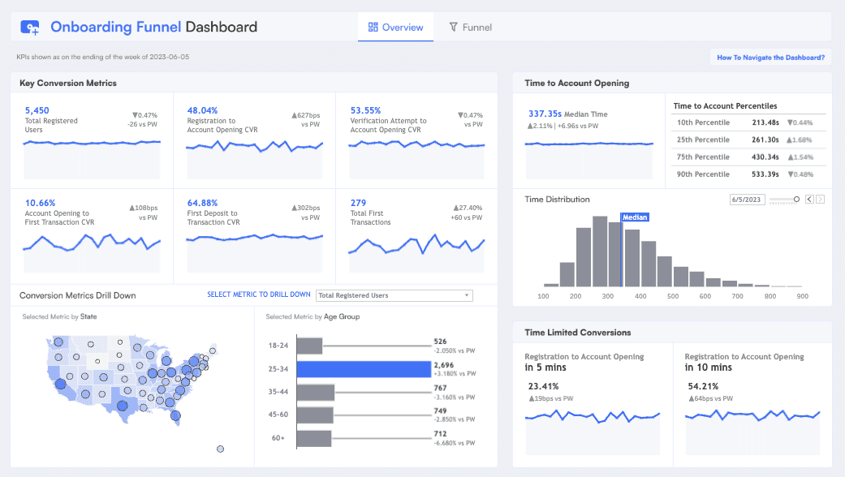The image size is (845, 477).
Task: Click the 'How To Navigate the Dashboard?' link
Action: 770,58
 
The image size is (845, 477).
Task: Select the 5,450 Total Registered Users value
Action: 37,110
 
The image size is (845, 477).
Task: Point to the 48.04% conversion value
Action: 202,110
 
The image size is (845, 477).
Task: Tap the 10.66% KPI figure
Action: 41,203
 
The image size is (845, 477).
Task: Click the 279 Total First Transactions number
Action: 358,203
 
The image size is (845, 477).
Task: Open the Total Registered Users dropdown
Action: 394,295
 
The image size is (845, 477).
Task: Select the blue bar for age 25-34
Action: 363,369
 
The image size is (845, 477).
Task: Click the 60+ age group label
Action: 277,438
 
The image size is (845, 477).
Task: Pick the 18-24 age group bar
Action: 309,345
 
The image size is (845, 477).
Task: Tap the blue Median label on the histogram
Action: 635,217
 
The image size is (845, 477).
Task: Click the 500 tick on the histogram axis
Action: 672,296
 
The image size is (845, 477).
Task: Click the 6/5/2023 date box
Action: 747,199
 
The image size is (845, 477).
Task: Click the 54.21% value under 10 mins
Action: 703,386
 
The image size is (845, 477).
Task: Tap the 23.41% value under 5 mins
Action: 543,386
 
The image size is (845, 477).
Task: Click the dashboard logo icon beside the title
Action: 30,28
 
